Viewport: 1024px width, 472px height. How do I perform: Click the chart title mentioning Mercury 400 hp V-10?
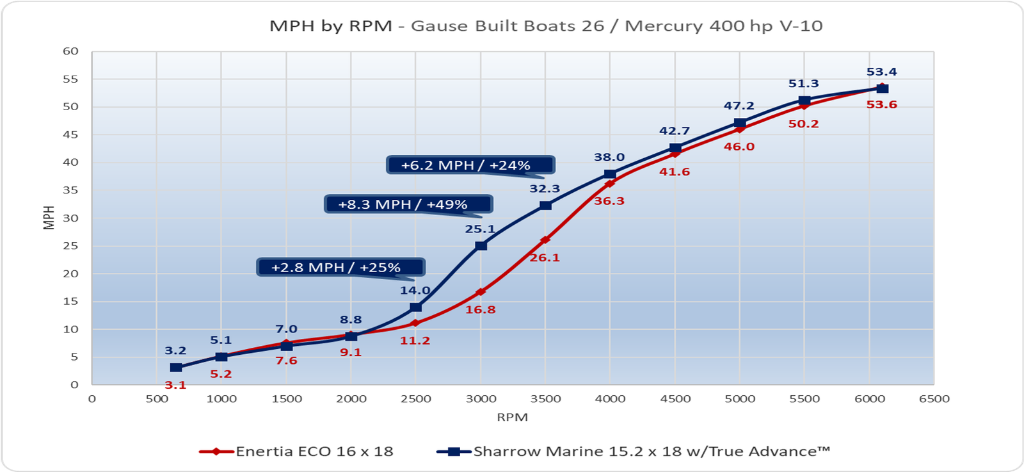point(545,26)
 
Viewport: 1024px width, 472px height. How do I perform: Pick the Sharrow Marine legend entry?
point(634,452)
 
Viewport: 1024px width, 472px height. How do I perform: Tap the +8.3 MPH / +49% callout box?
point(408,204)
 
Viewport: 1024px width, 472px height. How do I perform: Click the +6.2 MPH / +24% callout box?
point(470,165)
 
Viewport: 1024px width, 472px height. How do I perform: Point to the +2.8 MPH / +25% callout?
point(340,267)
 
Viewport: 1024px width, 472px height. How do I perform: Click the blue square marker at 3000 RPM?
point(481,246)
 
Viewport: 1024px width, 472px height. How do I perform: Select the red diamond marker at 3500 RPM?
point(545,240)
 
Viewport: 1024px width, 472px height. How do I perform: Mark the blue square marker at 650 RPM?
point(176,368)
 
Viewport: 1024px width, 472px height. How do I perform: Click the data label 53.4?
point(881,72)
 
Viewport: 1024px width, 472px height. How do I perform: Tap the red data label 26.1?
point(545,258)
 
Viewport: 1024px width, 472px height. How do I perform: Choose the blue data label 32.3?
point(545,189)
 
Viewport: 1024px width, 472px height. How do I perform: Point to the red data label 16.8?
point(480,310)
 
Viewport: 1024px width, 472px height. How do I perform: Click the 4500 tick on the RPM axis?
point(675,399)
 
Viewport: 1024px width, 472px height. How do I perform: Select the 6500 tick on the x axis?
point(934,399)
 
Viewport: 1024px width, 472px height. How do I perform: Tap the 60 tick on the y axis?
point(70,51)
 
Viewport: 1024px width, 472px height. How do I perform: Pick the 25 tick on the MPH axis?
point(70,246)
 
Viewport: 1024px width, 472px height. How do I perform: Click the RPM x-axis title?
point(512,418)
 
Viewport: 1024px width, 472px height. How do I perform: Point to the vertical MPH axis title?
point(49,218)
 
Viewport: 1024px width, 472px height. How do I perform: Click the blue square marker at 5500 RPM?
point(804,101)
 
